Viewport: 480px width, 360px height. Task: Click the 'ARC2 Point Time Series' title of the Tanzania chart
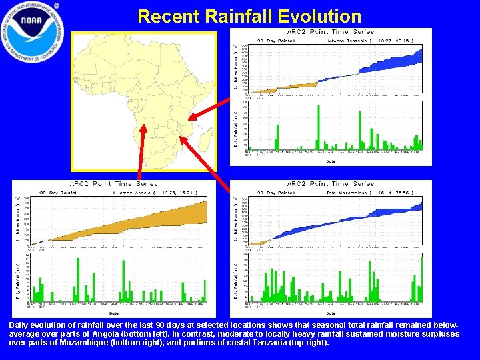tap(331, 32)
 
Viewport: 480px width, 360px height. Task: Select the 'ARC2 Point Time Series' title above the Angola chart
tap(113, 184)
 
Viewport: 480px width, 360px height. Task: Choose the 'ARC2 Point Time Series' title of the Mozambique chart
tap(331, 184)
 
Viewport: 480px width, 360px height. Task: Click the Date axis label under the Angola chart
tap(113, 313)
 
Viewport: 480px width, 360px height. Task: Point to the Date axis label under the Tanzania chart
tap(331, 161)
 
